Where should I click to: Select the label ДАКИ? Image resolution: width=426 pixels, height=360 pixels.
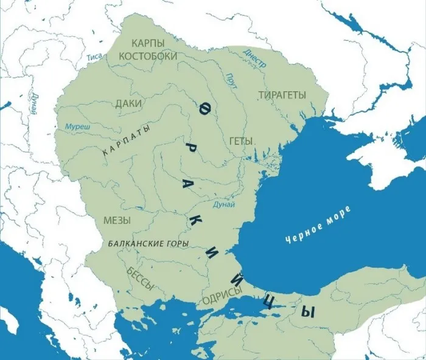(x=128, y=104)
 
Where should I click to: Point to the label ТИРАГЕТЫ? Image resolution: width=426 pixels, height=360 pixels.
(x=282, y=95)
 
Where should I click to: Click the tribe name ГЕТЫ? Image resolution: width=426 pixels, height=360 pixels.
(x=241, y=140)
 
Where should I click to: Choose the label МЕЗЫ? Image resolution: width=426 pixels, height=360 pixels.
(x=117, y=220)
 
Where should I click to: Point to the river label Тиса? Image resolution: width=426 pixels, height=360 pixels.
(x=94, y=57)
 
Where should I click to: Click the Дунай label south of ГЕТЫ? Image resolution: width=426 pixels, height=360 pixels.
(x=225, y=205)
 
